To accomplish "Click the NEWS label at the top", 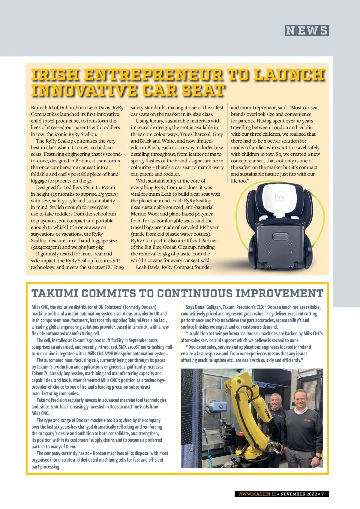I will click(x=307, y=31).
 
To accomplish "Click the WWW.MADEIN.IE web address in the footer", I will click(x=257, y=494).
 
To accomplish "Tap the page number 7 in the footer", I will click(x=322, y=494).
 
